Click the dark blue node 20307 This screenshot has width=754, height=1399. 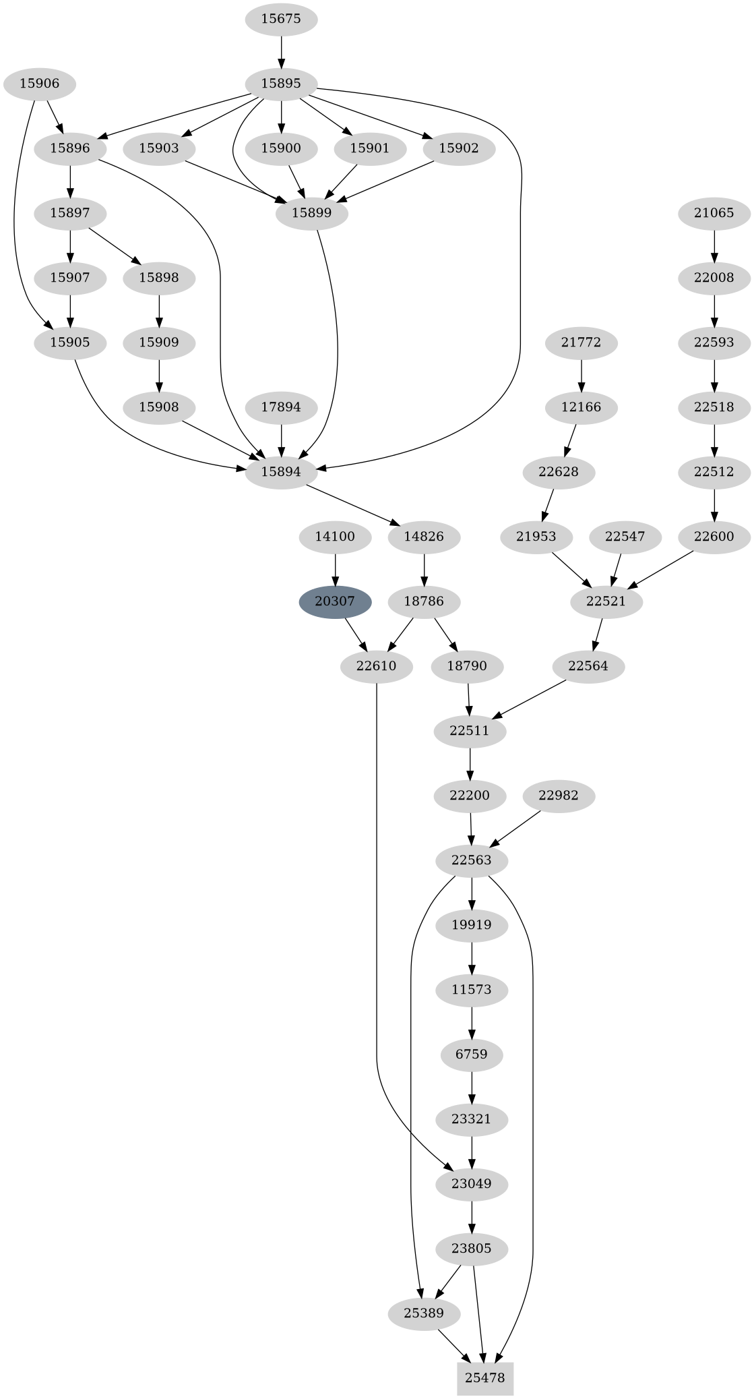pos(335,601)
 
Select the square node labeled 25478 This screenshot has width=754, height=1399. pos(485,1377)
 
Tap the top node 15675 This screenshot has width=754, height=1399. pos(281,19)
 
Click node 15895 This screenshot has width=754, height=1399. pos(281,84)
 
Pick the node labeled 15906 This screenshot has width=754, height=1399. pos(39,84)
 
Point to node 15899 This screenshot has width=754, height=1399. pos(311,213)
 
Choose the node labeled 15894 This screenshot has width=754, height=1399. pos(281,471)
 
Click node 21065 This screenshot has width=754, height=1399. pos(714,213)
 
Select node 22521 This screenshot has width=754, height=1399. pos(606,601)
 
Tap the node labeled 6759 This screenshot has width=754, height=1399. pos(472,1054)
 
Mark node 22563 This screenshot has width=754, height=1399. pos(472,860)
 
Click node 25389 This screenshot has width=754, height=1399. pos(425,1313)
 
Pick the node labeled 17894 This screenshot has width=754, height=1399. pos(281,407)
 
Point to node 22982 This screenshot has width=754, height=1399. pos(559,796)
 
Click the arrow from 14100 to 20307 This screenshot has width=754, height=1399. pos(335,568)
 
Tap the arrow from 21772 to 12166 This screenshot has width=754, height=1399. pos(581,375)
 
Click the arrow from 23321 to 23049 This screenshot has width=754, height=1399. pos(472,1151)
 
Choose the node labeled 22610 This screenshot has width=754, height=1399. pos(376,666)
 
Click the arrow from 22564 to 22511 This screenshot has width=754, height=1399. pos(529,699)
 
